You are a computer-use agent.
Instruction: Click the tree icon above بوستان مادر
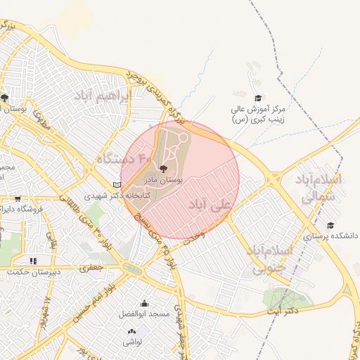pyautogui.click(x=164, y=169)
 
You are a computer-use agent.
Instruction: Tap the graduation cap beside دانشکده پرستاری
pyautogui.click(x=330, y=225)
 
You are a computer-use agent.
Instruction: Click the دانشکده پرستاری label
pyautogui.click(x=331, y=237)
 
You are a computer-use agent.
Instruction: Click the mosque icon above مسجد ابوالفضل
pyautogui.click(x=145, y=303)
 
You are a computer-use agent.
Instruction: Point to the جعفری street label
pyautogui.click(x=91, y=267)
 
